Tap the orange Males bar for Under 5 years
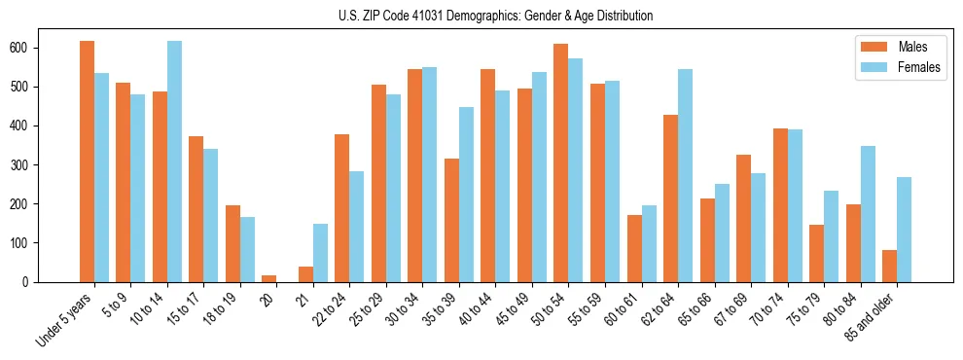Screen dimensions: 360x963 tap(87, 162)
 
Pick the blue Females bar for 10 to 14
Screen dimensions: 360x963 tap(174, 162)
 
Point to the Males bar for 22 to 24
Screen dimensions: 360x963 tap(342, 208)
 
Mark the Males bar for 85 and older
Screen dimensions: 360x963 tap(890, 266)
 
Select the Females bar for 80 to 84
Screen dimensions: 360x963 tap(868, 214)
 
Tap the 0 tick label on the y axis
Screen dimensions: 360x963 tap(57, 282)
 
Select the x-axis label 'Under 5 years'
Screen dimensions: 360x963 tap(66, 318)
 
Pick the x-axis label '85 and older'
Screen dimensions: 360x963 tap(872, 316)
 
